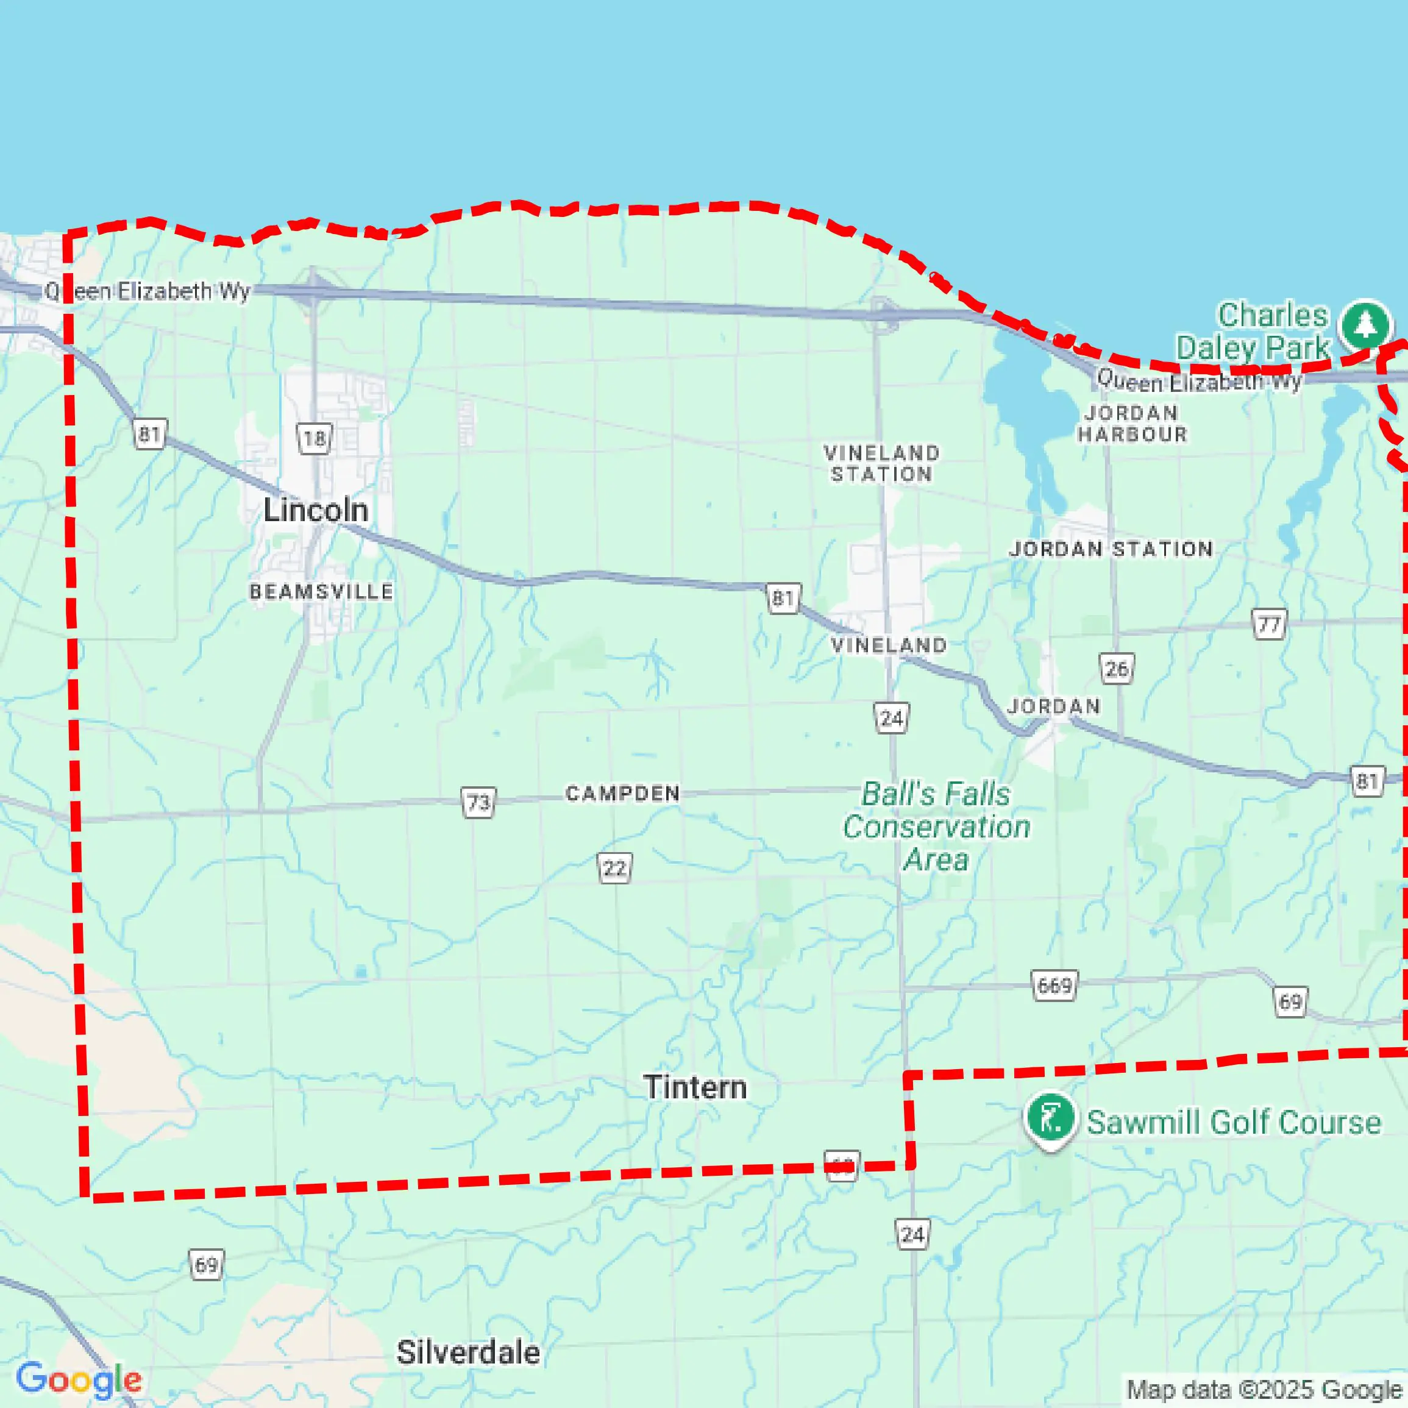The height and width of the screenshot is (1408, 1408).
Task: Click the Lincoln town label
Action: pos(316,510)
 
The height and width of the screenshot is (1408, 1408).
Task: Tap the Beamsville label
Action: pos(321,591)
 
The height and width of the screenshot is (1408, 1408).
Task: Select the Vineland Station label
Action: pos(882,463)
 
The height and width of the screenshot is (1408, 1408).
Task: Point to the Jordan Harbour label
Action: pos(1132,424)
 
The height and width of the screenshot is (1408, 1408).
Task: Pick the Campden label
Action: pos(623,793)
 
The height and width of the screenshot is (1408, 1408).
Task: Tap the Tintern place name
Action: pos(695,1087)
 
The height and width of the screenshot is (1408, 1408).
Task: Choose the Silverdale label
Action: pos(469,1353)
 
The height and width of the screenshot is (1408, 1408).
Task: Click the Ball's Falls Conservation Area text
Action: pos(936,827)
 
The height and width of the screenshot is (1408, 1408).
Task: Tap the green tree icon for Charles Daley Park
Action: pos(1366,325)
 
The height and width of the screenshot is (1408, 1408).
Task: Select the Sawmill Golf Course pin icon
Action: pos(1050,1117)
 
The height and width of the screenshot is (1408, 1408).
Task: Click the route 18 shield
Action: pos(314,439)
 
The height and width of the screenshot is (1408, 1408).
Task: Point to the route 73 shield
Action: pos(478,802)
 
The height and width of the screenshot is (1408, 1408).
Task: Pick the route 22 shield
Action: pos(615,868)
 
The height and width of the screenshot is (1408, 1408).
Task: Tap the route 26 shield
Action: pos(1117,668)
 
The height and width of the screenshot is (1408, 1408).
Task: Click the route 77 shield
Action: pos(1269,625)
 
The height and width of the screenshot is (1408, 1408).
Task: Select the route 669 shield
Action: pos(1054,986)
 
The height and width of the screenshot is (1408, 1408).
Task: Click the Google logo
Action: pos(79,1379)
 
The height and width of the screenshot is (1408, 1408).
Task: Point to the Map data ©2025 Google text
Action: pos(1264,1389)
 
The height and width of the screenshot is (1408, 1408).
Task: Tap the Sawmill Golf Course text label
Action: pos(1234,1122)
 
